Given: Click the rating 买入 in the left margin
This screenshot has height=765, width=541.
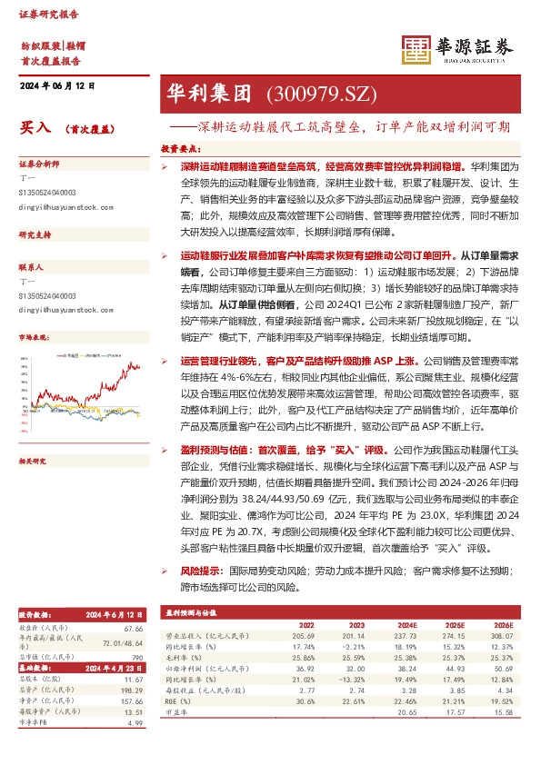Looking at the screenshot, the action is click(35, 130).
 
